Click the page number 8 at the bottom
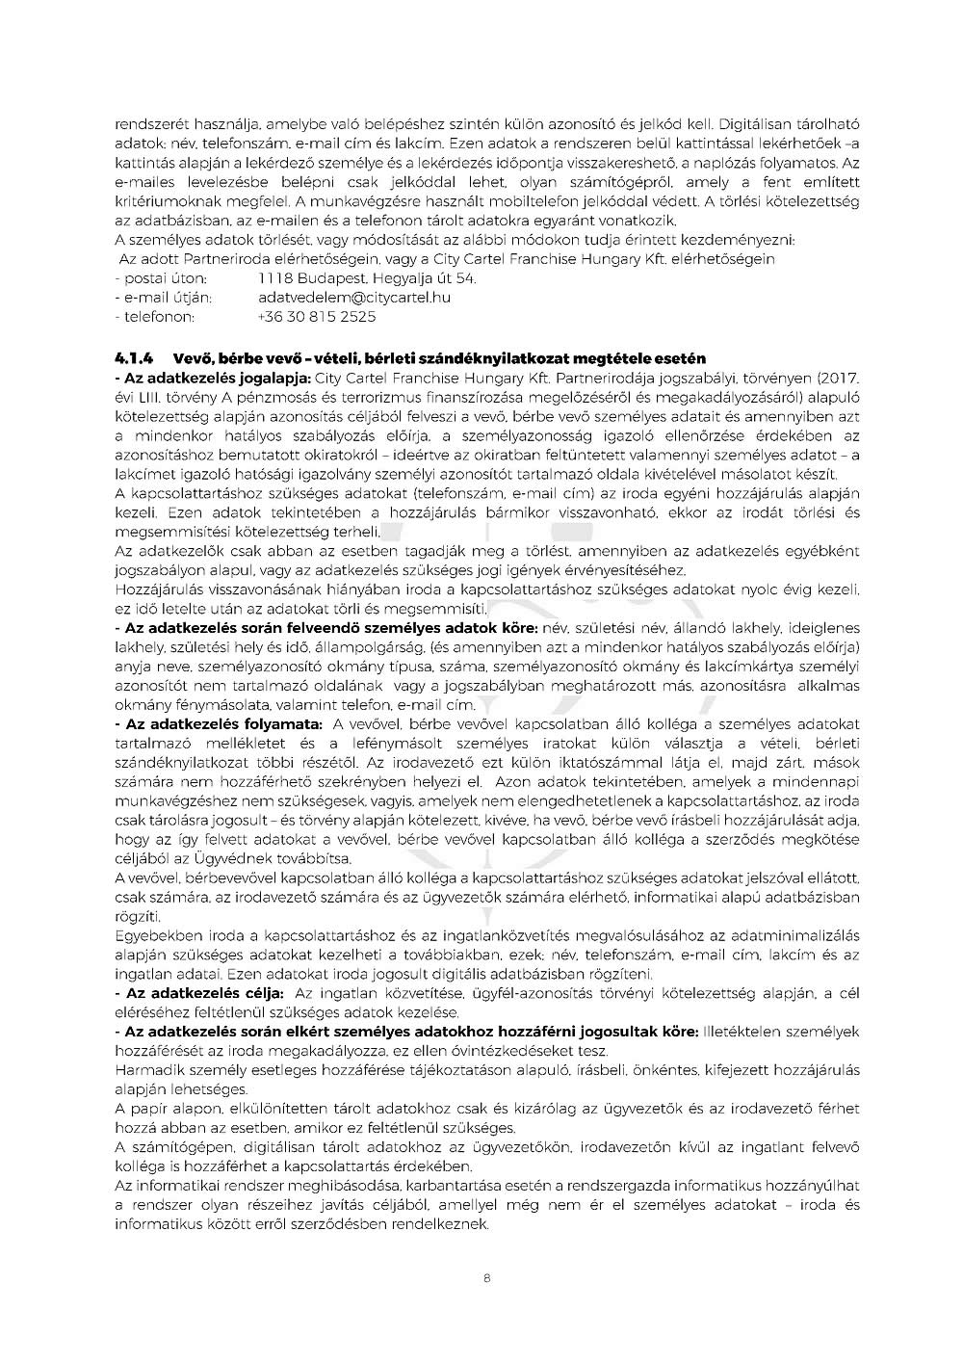tap(487, 1279)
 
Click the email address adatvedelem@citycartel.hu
tap(353, 298)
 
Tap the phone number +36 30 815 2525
tap(317, 317)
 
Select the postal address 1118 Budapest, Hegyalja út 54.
tap(367, 278)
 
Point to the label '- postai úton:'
tap(160, 278)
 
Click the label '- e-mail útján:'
tap(164, 298)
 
